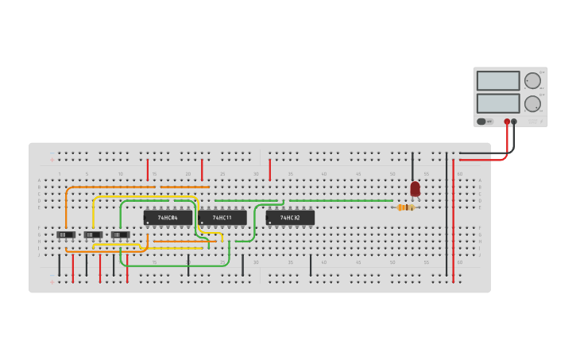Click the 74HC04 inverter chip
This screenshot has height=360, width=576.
[168, 217]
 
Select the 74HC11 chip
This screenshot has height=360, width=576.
[222, 217]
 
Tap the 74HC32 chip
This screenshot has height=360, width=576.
[290, 217]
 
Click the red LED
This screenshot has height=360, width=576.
[415, 189]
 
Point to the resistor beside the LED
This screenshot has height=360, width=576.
[406, 207]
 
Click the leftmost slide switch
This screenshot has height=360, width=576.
[66, 234]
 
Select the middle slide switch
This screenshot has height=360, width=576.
[93, 234]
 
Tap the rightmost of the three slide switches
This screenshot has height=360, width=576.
[120, 234]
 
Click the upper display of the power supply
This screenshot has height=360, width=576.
[498, 81]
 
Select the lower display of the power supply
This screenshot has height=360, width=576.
[498, 103]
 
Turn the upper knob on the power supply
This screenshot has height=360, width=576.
[532, 81]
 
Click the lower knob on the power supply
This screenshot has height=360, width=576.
[532, 103]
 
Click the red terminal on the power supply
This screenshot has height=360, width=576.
[507, 122]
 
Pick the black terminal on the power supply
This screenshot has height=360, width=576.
[514, 122]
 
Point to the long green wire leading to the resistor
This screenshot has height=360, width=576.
[342, 200]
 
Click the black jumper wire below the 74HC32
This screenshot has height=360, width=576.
[310, 265]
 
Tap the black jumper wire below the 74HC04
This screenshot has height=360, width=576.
[188, 265]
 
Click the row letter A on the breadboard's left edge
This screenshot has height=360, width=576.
[39, 180]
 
